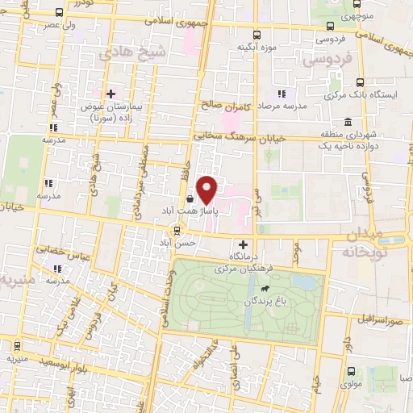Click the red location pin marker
tap(209, 189)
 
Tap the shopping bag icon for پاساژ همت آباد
tap(189, 198)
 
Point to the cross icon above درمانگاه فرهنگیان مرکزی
tap(243, 244)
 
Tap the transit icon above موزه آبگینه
tap(256, 35)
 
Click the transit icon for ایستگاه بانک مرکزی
tap(360, 81)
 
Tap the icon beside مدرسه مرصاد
tap(282, 94)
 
